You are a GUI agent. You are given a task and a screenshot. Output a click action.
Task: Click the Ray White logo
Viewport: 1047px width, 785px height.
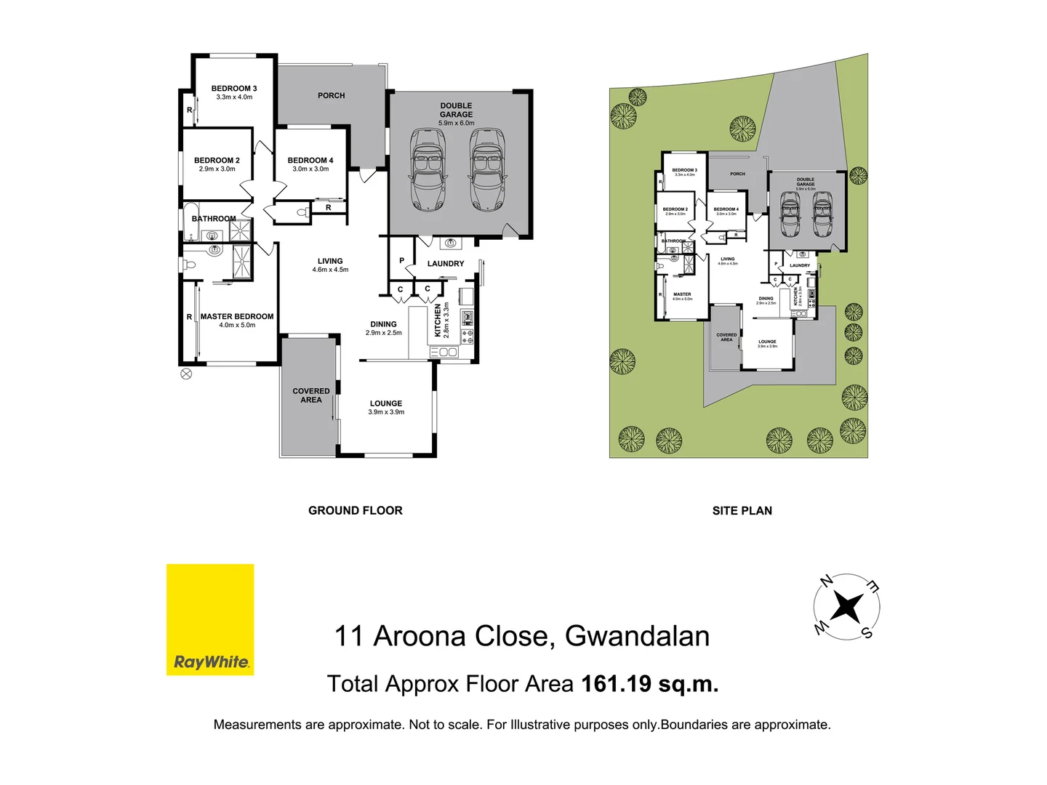pos(210,619)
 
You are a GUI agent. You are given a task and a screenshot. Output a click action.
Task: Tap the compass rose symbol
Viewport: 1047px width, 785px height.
pos(846,606)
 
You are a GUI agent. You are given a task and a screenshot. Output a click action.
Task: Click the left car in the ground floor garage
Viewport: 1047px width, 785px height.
pos(428,169)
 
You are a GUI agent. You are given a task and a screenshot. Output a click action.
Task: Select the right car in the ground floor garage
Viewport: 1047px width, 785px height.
pos(486,169)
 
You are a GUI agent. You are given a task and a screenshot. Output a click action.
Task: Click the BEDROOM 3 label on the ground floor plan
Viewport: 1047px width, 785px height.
pos(234,89)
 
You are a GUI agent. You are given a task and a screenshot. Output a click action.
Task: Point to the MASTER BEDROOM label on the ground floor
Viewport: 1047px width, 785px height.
pos(237,317)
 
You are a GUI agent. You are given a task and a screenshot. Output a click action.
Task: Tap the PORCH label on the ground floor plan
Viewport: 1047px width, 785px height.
pos(332,96)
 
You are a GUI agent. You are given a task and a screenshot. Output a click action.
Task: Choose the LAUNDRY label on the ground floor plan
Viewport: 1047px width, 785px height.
pos(446,264)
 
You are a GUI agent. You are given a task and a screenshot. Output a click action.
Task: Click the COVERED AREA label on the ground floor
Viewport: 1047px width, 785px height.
pos(311,395)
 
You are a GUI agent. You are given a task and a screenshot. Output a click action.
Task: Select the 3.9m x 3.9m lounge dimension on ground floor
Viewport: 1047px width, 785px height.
pos(386,412)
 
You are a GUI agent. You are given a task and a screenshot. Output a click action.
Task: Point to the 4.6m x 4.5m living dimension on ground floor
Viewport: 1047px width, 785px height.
pos(330,270)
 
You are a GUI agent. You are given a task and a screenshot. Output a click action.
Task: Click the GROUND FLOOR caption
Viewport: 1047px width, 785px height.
pos(356,510)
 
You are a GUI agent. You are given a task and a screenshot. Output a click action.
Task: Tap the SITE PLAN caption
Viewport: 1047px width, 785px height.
pos(742,510)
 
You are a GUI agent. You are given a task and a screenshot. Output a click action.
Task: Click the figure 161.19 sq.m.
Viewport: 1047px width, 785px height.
pos(650,684)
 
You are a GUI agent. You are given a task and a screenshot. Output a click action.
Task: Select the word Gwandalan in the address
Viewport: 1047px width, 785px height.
pos(637,636)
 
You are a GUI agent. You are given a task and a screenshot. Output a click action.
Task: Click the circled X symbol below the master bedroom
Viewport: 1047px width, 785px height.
pos(186,374)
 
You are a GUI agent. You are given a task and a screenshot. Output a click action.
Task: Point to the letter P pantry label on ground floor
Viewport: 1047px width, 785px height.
pos(401,260)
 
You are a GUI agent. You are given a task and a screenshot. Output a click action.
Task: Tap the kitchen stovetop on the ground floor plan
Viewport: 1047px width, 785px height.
pos(467,336)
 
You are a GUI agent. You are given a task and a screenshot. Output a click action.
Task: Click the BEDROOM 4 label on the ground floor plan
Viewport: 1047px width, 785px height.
pos(310,161)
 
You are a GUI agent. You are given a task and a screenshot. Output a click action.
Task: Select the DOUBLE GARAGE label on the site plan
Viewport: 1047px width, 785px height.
pos(806,182)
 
